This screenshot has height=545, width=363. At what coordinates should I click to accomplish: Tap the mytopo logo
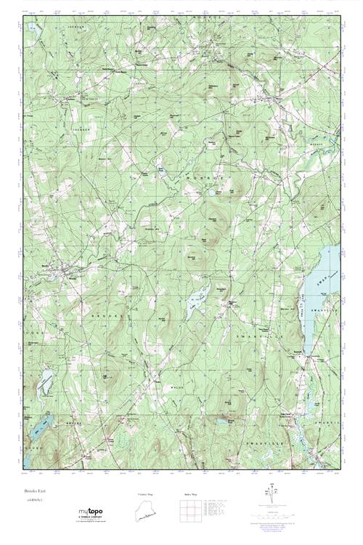pos(91,514)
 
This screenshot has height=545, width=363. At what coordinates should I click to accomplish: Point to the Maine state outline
pos(147,512)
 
